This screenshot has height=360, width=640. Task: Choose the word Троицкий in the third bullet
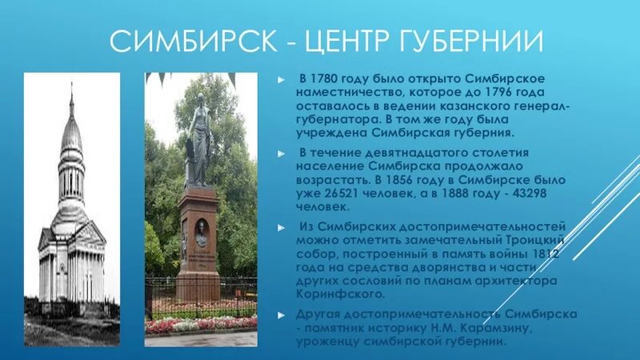(x=538, y=240)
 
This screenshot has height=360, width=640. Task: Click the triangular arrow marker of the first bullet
(x=280, y=80)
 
